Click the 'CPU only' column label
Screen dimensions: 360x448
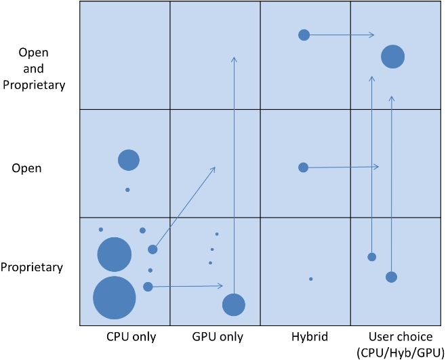point(131,336)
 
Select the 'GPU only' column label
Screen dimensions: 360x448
point(218,336)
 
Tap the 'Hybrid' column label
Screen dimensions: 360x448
point(310,336)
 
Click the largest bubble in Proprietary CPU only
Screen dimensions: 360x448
point(115,298)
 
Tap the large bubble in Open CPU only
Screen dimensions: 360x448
point(129,160)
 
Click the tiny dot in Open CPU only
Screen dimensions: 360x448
point(127,190)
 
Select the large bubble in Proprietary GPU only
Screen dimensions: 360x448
point(234,305)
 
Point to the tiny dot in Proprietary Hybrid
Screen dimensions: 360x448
point(311,279)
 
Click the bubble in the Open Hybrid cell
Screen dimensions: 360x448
point(303,167)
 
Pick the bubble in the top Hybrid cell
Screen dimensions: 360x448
point(304,35)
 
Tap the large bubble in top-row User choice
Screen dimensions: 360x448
point(393,57)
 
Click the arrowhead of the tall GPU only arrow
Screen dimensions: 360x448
point(234,59)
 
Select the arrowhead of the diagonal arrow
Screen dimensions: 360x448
point(213,168)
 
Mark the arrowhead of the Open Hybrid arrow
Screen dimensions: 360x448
point(376,167)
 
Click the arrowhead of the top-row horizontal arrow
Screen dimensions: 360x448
point(373,35)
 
